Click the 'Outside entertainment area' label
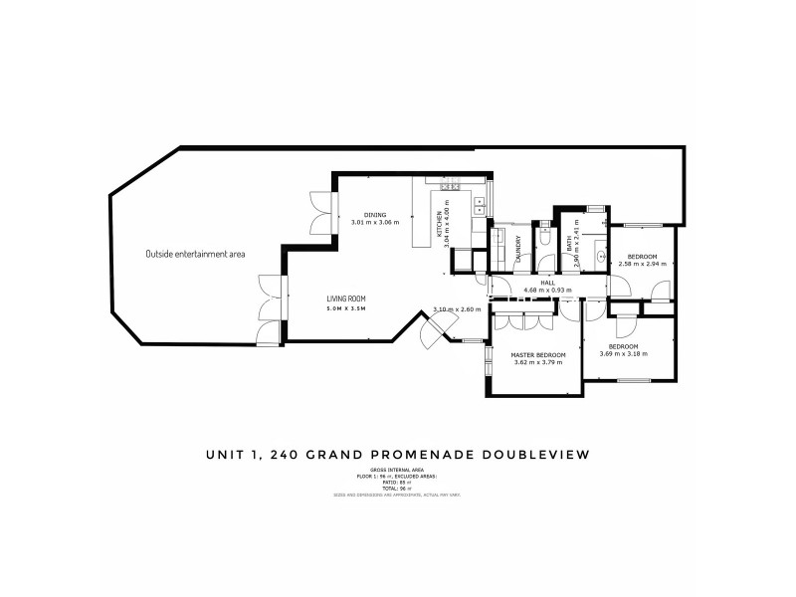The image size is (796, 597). pyautogui.click(x=195, y=254)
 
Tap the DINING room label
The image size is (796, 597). pyautogui.click(x=374, y=215)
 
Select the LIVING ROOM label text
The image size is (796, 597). pyautogui.click(x=348, y=298)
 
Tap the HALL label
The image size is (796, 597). pyautogui.click(x=547, y=283)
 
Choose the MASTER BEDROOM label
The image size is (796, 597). pyautogui.click(x=538, y=355)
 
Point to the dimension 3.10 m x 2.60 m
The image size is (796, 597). pyautogui.click(x=457, y=309)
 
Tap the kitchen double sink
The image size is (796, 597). pyautogui.click(x=479, y=205)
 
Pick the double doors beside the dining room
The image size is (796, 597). pyautogui.click(x=320, y=210)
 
